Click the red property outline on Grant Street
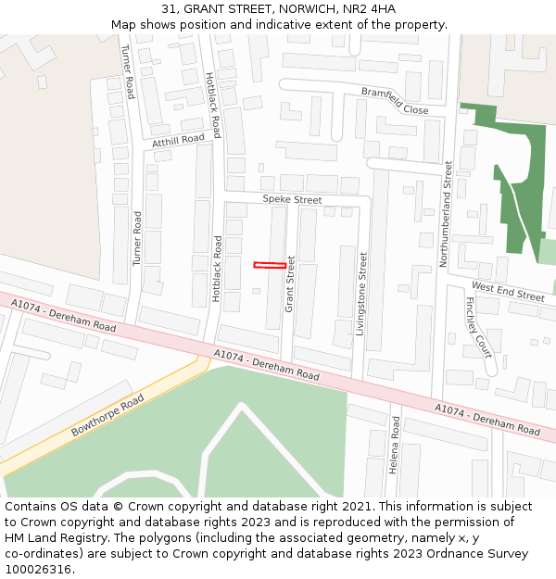pyautogui.click(x=270, y=265)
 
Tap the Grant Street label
pyautogui.click(x=289, y=283)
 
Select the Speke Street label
pyautogui.click(x=292, y=199)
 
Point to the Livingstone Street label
pyautogui.click(x=361, y=294)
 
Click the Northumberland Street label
pyautogui.click(x=446, y=214)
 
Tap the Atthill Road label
pyautogui.click(x=178, y=140)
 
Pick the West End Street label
pyautogui.click(x=508, y=292)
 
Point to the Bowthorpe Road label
pyautogui.click(x=107, y=416)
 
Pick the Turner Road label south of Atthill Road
pyautogui.click(x=137, y=239)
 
